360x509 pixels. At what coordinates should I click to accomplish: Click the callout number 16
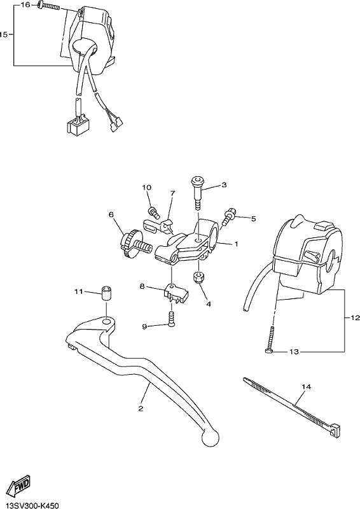25,5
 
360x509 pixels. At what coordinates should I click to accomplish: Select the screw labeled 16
49,6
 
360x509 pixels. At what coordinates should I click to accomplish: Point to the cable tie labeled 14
291,405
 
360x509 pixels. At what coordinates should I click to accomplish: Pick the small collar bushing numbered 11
106,293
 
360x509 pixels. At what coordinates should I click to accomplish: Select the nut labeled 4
198,277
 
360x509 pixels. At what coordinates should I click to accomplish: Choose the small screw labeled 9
171,319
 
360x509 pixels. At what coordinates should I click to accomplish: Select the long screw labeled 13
270,340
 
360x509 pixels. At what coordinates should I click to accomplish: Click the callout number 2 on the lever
141,408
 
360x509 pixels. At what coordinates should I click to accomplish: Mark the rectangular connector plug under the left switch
76,125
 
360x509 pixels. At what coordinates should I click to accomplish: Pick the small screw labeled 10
154,212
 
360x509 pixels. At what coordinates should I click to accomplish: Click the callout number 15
3,34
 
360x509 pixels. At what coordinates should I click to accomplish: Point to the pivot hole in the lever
106,322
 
